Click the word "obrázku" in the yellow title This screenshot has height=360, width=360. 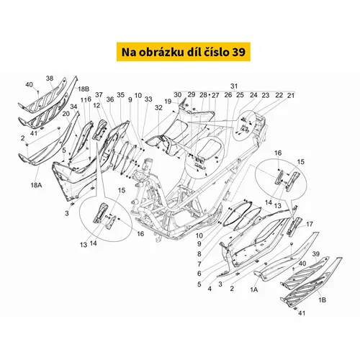pos(160,52)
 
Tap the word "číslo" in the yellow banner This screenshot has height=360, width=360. pos(218,52)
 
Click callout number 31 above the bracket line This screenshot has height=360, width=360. pos(234,86)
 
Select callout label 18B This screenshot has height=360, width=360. pos(84,89)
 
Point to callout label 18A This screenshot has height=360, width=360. pos(36,185)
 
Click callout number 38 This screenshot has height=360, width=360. pos(50,78)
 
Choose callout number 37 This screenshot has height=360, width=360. pos(99,95)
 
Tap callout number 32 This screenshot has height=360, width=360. pos(158,108)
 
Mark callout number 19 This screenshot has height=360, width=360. pos(168,102)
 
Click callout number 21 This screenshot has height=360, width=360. pos(291,96)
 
